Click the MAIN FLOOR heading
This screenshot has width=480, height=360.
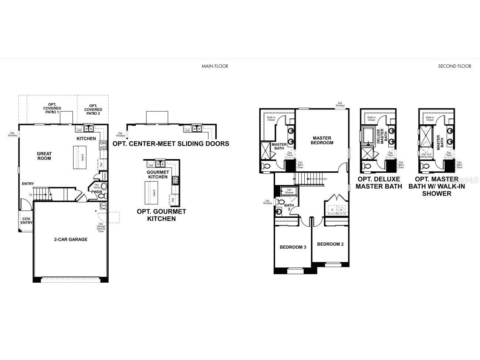214,66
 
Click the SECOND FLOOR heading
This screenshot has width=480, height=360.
454,66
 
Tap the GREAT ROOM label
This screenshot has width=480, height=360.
44,156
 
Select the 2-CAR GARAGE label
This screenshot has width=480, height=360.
70,239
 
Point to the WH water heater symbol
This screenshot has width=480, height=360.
104,205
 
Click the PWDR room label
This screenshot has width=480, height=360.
97,192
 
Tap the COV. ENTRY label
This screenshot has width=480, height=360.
26,221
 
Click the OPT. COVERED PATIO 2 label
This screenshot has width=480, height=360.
93,110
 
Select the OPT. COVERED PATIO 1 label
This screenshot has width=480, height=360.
52,108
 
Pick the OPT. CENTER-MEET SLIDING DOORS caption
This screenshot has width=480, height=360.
170,144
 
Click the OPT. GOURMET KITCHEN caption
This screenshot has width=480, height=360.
161,215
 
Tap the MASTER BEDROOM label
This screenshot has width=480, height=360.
322,140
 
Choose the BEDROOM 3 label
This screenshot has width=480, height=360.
293,247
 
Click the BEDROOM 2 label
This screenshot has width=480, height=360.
330,244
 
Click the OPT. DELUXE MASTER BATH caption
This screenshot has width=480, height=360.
379,183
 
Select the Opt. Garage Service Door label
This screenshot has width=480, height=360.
101,226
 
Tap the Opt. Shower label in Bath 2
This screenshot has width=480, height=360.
289,191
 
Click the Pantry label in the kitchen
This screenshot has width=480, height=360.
105,175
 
